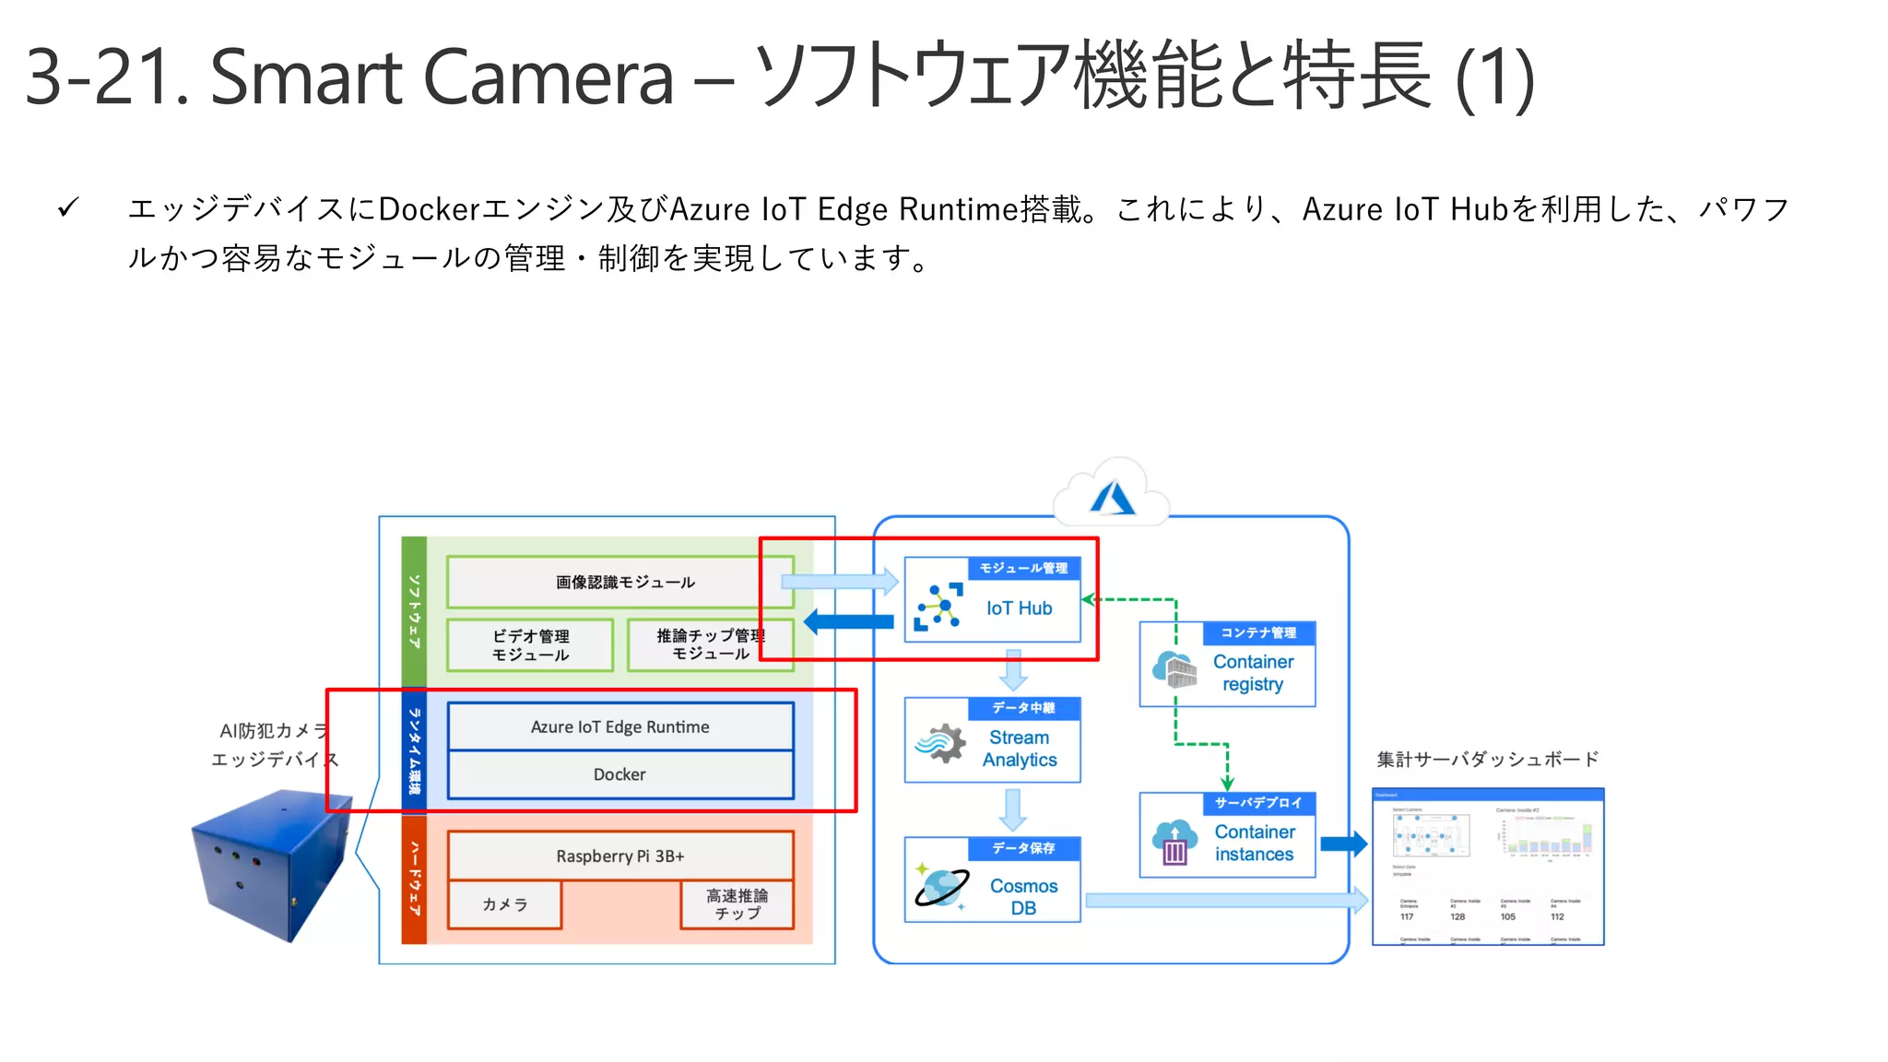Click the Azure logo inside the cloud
pyautogui.click(x=1112, y=499)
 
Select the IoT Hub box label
pyautogui.click(x=1019, y=608)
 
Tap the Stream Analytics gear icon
pyautogui.click(x=940, y=742)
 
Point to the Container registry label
pyautogui.click(x=1253, y=673)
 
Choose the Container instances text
pyautogui.click(x=1254, y=843)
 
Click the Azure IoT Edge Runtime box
pyautogui.click(x=619, y=726)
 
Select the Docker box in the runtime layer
pyautogui.click(x=619, y=774)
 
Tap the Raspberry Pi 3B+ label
pyautogui.click(x=619, y=855)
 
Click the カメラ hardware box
pyautogui.click(x=504, y=904)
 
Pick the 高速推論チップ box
pyautogui.click(x=737, y=904)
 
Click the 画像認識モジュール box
pyautogui.click(x=624, y=583)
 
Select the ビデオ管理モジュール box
pyautogui.click(x=530, y=645)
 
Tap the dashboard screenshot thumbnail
pyautogui.click(x=1488, y=867)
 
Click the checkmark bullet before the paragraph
pyautogui.click(x=68, y=208)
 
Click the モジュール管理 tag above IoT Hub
pyautogui.click(x=1023, y=568)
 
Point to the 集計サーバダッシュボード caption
pyautogui.click(x=1487, y=760)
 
